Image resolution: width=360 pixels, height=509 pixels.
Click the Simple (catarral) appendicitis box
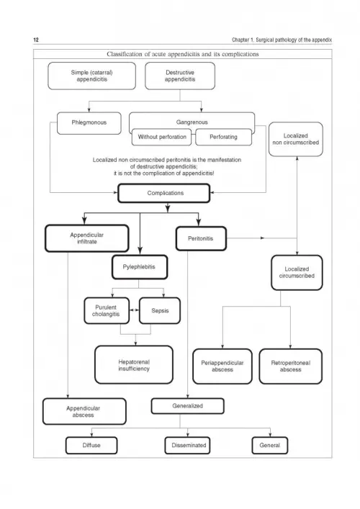pos(92,76)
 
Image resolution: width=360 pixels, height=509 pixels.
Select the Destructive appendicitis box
pos(180,76)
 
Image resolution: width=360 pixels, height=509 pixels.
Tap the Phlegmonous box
pos(89,123)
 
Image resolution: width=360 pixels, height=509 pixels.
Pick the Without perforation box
pos(162,137)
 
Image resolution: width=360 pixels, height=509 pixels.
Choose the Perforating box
pos(223,137)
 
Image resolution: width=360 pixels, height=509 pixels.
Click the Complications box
pos(164,193)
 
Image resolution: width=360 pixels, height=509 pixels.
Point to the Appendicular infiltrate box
pos(86,238)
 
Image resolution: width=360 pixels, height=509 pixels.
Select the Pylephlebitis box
pos(140,267)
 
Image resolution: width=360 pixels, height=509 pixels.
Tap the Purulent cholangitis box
pos(107,311)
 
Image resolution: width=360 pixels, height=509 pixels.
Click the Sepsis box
pos(160,311)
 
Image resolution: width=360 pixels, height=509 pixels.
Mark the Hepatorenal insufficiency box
pos(134,365)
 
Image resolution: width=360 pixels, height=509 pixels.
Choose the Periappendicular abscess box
pos(222,366)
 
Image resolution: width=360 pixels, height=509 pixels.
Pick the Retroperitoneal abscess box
pos(291,366)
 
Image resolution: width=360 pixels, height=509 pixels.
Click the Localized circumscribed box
pos(297,273)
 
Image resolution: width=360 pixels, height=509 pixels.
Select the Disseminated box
pos(188,446)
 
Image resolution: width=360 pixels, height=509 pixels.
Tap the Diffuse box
pos(91,446)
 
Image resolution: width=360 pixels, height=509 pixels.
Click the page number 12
pos(36,40)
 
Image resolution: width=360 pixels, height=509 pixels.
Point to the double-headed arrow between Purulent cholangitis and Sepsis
pos(134,310)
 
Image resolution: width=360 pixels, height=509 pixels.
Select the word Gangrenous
pos(192,122)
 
